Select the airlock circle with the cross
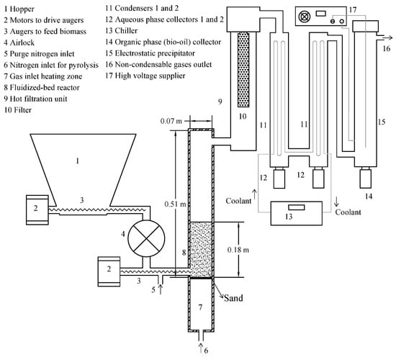pyautogui.click(x=146, y=238)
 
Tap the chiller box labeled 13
pyautogui.click(x=296, y=213)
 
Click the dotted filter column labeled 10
pyautogui.click(x=243, y=69)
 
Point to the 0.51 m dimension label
pyautogui.click(x=175, y=204)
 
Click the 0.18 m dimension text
pyautogui.click(x=238, y=250)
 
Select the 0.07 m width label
pyautogui.click(x=171, y=121)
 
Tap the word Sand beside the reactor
pyautogui.click(x=233, y=298)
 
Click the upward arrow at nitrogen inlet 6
pyautogui.click(x=201, y=348)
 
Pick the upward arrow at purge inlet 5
pyautogui.click(x=161, y=289)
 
